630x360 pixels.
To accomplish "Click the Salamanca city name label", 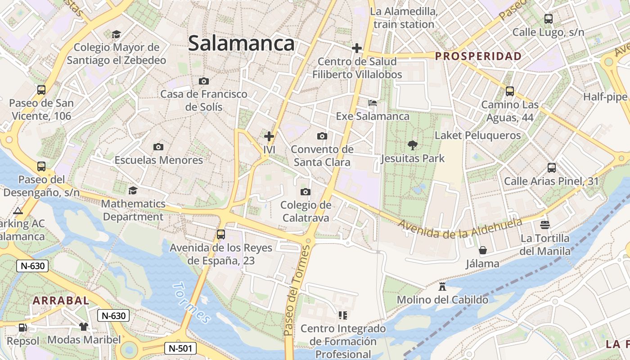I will coord(241,44).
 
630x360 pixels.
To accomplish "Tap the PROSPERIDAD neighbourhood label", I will coord(478,56).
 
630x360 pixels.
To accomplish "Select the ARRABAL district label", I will coord(61,301).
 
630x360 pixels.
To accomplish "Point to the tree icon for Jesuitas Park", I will coord(412,145).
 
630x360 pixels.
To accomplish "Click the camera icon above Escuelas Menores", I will coord(158,147).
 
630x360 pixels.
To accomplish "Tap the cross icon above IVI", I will coord(269,136).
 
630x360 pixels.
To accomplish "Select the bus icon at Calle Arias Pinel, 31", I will coord(552,168).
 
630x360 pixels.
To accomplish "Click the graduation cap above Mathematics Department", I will coord(133,191).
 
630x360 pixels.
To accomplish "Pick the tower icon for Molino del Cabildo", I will coord(442,286).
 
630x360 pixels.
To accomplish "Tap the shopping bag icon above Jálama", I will coord(483,250).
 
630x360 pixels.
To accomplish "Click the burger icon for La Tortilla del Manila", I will coord(545,224).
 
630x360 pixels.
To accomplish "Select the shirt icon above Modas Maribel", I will coord(84,326).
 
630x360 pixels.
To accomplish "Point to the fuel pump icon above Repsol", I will coord(22,327).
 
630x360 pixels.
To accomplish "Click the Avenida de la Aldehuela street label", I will coord(460,228).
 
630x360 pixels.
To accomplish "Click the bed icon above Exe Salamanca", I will coord(373,103).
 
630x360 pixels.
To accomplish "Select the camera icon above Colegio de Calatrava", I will coord(306,192).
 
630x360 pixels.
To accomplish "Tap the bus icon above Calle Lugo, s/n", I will coord(548,19).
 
